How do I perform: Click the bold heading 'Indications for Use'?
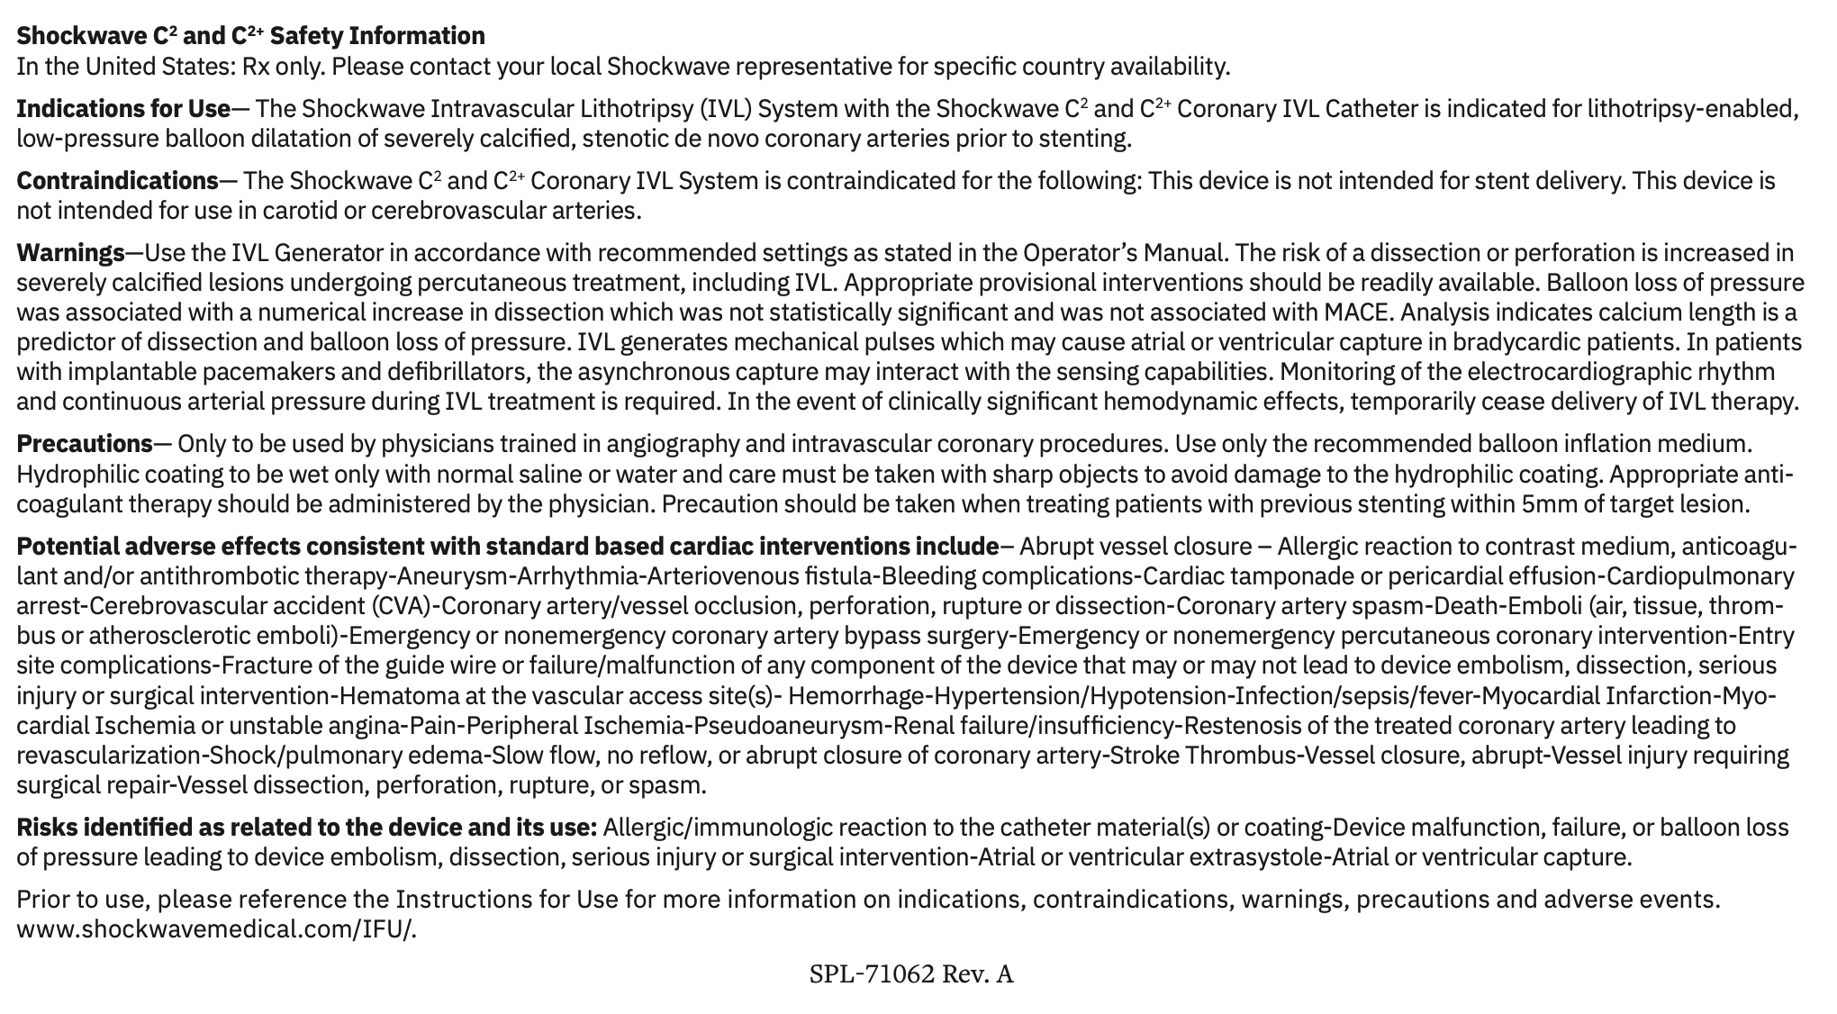coord(123,109)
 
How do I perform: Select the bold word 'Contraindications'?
coord(117,181)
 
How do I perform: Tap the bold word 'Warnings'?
coord(70,253)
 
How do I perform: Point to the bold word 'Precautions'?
coord(85,444)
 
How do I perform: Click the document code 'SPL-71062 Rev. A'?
coord(910,974)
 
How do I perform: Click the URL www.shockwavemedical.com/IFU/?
coord(216,929)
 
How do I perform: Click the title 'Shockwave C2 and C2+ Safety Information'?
coord(250,36)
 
